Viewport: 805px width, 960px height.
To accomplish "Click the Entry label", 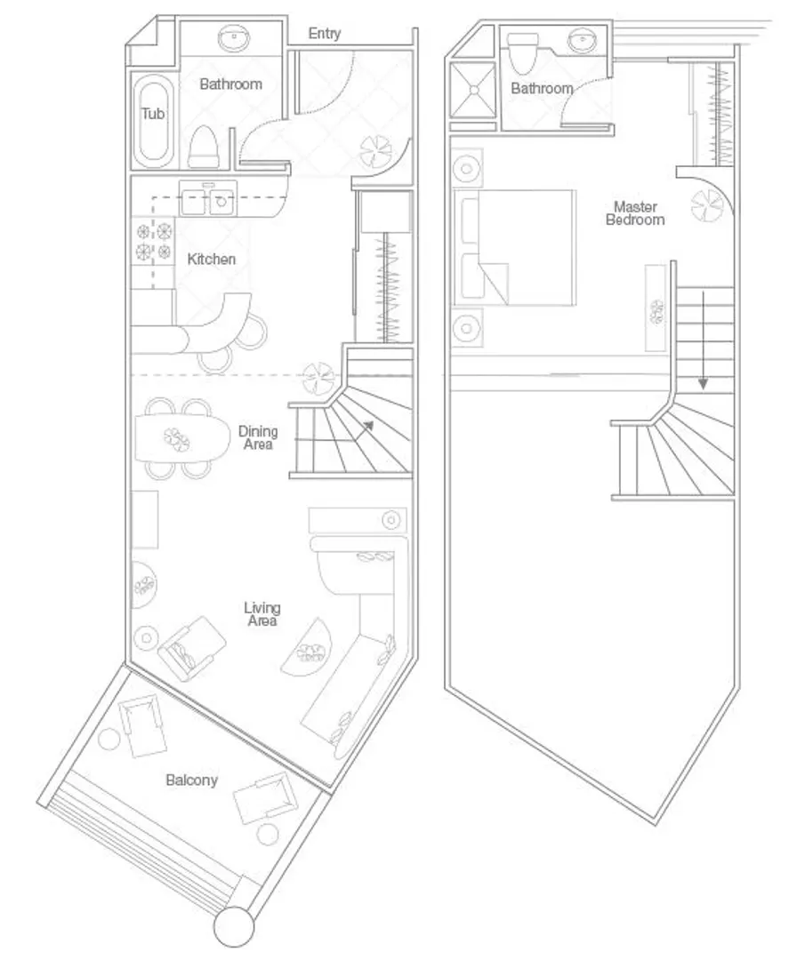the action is coord(324,35).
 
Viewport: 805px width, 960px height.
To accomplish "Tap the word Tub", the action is coord(152,113).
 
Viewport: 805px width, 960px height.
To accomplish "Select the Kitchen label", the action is coord(212,259).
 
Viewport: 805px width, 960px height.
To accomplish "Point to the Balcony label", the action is coord(192,780).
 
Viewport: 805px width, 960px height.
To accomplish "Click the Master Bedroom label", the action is coord(635,213).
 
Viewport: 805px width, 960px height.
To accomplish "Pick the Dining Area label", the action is coord(258,437).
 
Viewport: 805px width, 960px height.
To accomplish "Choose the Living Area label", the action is coord(262,614).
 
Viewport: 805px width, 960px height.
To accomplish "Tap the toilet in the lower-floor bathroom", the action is coord(204,148).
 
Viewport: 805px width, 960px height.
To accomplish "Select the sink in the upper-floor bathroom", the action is coord(583,41).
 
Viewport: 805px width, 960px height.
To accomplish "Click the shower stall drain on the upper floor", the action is coord(473,90).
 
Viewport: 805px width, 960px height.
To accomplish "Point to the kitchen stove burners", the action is coord(153,241).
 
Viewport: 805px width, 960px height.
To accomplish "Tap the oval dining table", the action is coord(179,437).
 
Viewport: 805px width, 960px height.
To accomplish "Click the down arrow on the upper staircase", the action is coord(704,340).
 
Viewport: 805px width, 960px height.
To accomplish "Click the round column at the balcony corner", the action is coord(234,926).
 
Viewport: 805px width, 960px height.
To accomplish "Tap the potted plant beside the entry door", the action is coord(376,152).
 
